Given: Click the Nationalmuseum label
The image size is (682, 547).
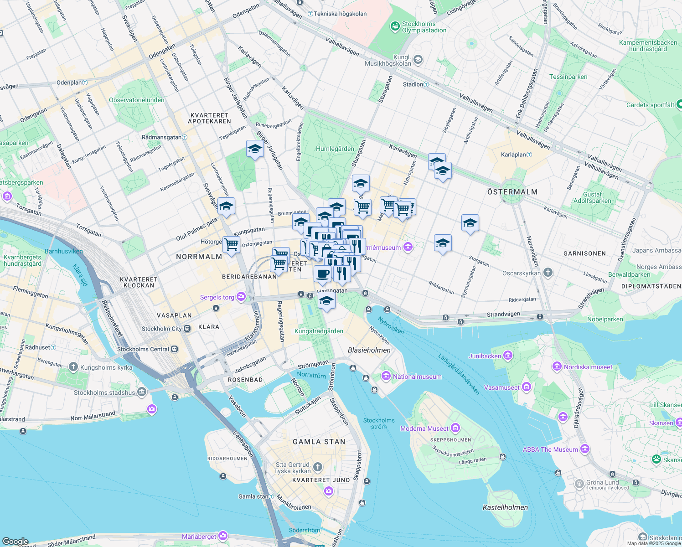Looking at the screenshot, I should (417, 377).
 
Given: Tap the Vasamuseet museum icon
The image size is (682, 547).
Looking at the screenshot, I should (527, 387).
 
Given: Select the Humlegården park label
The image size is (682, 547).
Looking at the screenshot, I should (335, 149).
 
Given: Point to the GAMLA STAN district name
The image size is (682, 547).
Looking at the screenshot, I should (319, 442).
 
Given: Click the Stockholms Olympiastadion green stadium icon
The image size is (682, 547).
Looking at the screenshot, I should (395, 27).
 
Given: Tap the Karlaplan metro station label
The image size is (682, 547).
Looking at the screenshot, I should (513, 155).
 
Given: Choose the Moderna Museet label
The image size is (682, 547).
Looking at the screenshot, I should (424, 428).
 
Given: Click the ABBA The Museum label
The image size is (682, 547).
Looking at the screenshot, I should (550, 449).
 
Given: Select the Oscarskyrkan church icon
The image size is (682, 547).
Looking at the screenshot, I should (548, 273).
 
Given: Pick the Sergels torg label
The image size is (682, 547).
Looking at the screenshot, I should (217, 297).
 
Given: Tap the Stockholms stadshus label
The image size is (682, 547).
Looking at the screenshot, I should (104, 392).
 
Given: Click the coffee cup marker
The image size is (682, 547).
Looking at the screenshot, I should (322, 274).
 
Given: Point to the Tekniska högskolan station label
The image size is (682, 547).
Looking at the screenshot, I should (340, 14).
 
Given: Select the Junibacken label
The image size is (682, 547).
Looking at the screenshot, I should (485, 356).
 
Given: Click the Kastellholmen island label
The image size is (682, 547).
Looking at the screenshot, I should (505, 507).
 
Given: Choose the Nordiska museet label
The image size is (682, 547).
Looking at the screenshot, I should (588, 367).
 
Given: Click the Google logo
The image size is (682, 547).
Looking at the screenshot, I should (15, 542).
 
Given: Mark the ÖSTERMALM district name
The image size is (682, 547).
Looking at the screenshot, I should (512, 192).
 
